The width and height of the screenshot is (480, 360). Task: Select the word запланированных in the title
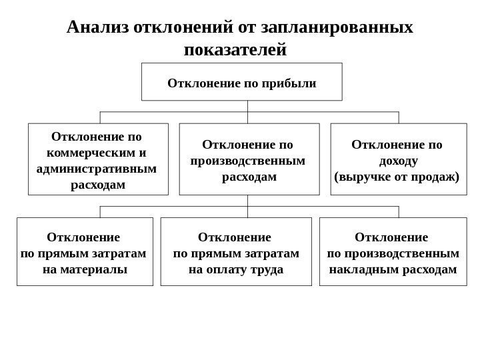pos(337,27)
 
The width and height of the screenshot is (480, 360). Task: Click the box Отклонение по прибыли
pos(241,81)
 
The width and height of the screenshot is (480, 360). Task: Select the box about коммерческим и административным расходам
pos(97,159)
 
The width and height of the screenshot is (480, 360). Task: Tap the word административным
pos(97,168)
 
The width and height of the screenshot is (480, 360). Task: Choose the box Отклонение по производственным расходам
pos(248,159)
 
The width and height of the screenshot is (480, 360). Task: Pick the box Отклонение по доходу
pos(398,159)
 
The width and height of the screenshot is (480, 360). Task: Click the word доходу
pos(398,161)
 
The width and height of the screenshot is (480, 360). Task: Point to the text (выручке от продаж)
pos(398,177)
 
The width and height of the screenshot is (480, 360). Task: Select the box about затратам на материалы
pos(84,251)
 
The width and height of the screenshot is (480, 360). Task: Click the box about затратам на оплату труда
pos(236,251)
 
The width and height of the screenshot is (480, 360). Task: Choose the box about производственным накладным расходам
pos(392,251)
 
